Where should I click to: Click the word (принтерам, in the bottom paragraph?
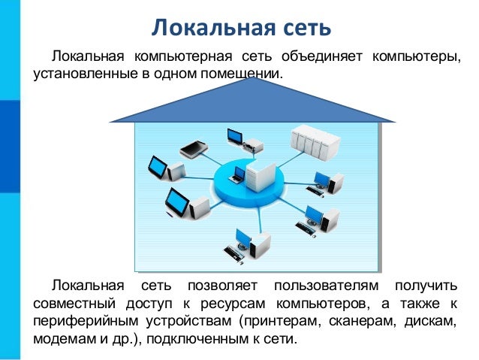[279, 322]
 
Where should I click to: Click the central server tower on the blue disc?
[258, 176]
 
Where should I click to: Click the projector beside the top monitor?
[255, 144]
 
